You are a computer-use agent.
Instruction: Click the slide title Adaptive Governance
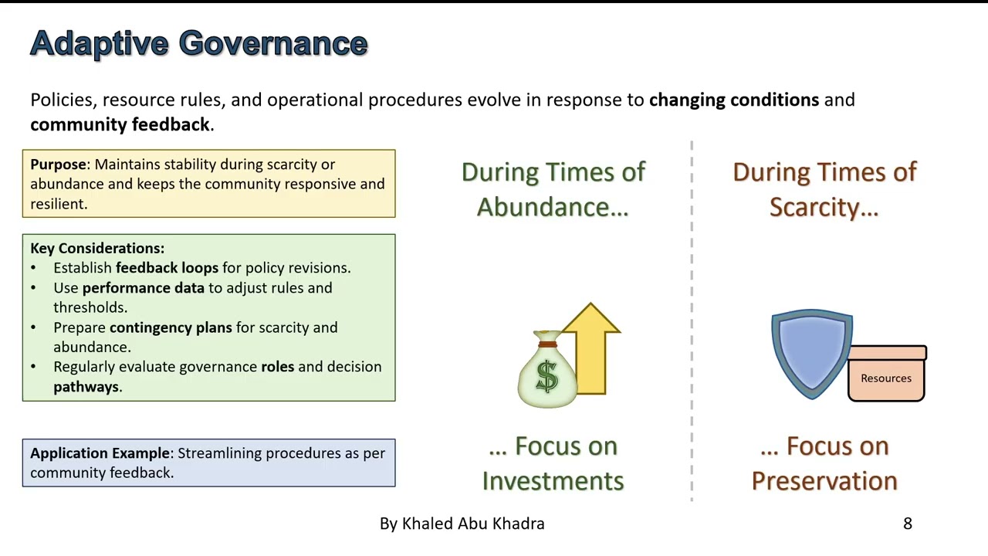[198, 43]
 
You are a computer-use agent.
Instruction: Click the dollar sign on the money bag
[546, 376]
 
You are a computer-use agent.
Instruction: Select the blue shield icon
[812, 354]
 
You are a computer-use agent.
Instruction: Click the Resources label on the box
[886, 378]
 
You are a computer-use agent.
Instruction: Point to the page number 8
[908, 524]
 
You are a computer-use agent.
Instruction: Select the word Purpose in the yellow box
[58, 164]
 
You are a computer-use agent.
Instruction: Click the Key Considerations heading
[97, 248]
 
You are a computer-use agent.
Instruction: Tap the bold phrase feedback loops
[167, 268]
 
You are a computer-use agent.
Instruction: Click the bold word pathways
[86, 387]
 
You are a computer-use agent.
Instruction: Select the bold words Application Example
[100, 453]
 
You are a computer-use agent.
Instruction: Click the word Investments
[553, 480]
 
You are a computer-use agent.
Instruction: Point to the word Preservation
[824, 480]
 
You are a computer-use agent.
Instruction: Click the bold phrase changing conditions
[733, 100]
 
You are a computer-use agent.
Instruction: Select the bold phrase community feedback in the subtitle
[120, 125]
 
